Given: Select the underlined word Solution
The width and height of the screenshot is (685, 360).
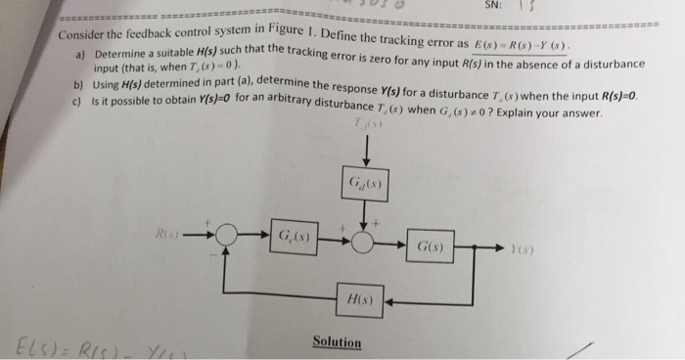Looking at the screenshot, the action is tap(338, 342).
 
